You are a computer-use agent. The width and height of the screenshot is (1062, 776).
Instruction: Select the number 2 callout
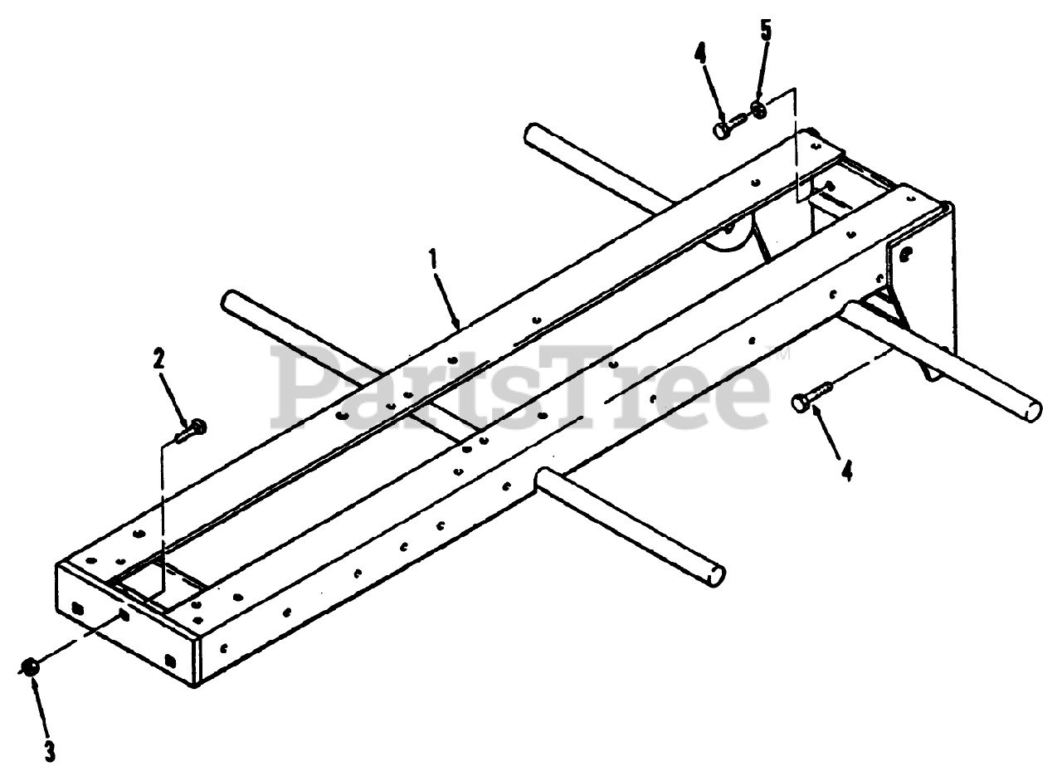[x=158, y=359]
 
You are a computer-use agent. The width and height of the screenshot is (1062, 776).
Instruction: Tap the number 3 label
[x=50, y=751]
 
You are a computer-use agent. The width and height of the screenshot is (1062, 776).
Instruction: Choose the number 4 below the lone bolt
[x=846, y=471]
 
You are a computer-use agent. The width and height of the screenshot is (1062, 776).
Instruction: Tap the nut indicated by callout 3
[x=30, y=666]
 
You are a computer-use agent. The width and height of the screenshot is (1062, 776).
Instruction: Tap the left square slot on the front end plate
[x=77, y=608]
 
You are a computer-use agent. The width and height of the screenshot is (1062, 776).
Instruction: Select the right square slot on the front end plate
[x=170, y=661]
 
